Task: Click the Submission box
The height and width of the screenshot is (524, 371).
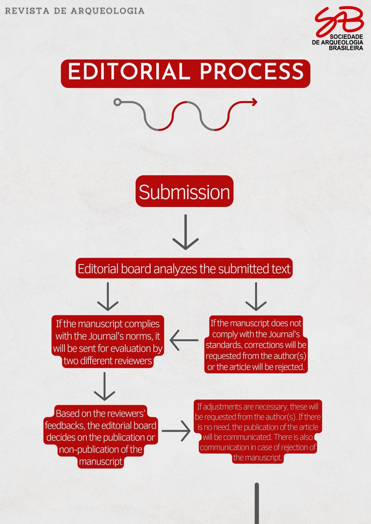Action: [184, 191]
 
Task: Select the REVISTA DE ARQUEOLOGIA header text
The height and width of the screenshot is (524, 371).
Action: [75, 11]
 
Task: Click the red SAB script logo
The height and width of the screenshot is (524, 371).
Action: [339, 22]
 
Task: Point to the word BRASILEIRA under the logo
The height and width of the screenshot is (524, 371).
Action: [346, 48]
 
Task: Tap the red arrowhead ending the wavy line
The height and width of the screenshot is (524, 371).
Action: [254, 102]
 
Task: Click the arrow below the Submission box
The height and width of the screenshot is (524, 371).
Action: [185, 232]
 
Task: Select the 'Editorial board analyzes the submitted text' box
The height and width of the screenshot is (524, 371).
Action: [184, 269]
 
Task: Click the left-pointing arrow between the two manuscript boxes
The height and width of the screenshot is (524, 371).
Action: [184, 340]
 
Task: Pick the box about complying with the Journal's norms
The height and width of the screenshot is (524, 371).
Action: [108, 342]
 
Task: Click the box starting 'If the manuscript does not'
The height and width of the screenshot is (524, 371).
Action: [256, 345]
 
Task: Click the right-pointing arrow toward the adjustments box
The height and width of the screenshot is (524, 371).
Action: [176, 431]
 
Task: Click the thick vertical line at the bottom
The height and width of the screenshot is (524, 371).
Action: [257, 504]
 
